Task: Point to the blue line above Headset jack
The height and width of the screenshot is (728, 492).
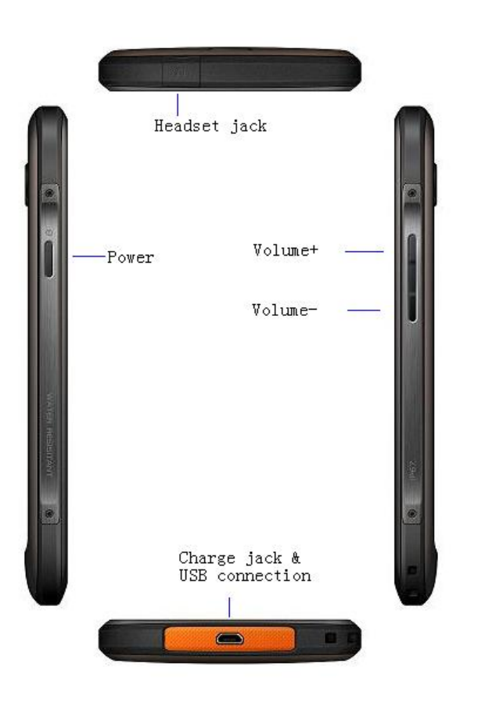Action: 178,104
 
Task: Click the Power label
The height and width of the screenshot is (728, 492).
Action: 131,257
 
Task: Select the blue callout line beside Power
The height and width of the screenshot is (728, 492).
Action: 89,256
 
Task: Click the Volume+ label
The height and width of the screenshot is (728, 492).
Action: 286,250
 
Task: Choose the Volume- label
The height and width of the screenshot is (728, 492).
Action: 285,310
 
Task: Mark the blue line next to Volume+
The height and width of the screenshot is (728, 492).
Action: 364,252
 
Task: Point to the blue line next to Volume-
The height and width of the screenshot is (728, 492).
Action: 364,310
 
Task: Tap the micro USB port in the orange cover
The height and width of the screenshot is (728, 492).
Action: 229,639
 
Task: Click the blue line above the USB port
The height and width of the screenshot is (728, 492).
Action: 229,607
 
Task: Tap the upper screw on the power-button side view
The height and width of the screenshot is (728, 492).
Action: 49,192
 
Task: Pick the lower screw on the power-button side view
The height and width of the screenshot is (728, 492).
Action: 49,514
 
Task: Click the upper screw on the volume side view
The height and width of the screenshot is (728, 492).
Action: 411,192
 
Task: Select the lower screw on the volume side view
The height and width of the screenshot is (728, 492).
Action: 411,514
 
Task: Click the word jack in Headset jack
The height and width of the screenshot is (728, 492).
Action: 248,125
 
